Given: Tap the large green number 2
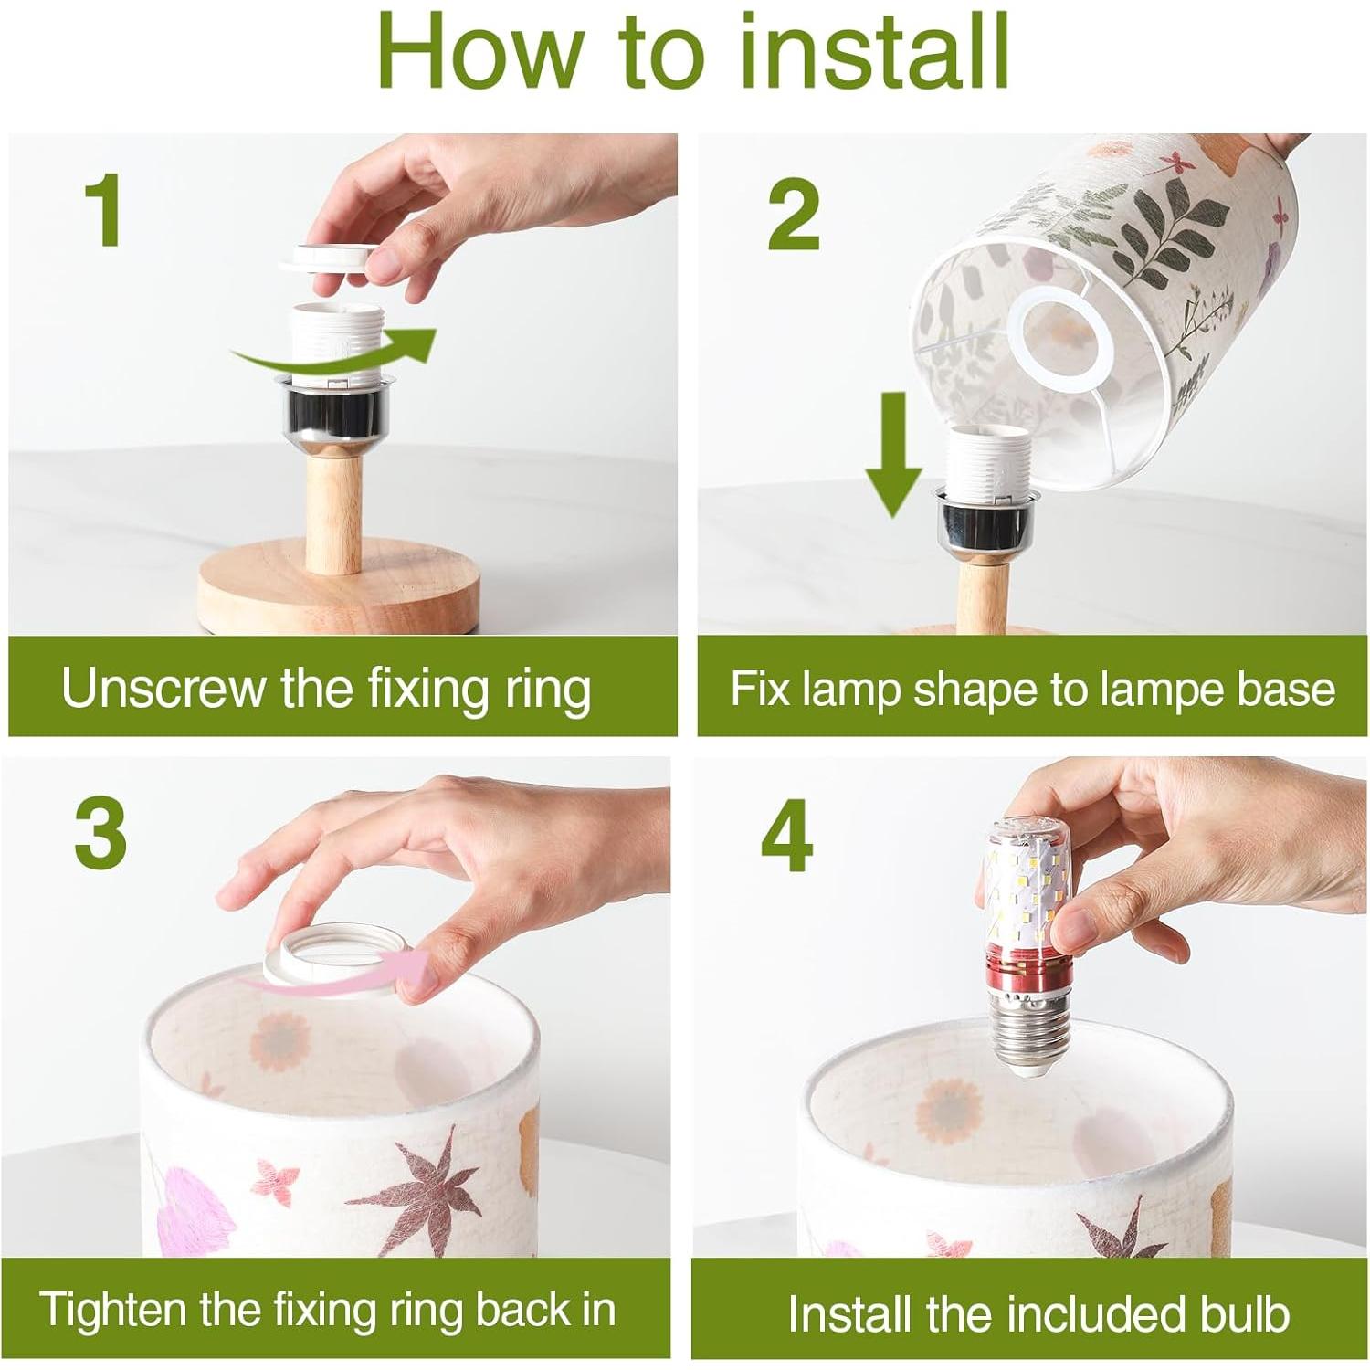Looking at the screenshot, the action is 794,214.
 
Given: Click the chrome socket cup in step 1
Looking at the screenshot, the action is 337,413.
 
